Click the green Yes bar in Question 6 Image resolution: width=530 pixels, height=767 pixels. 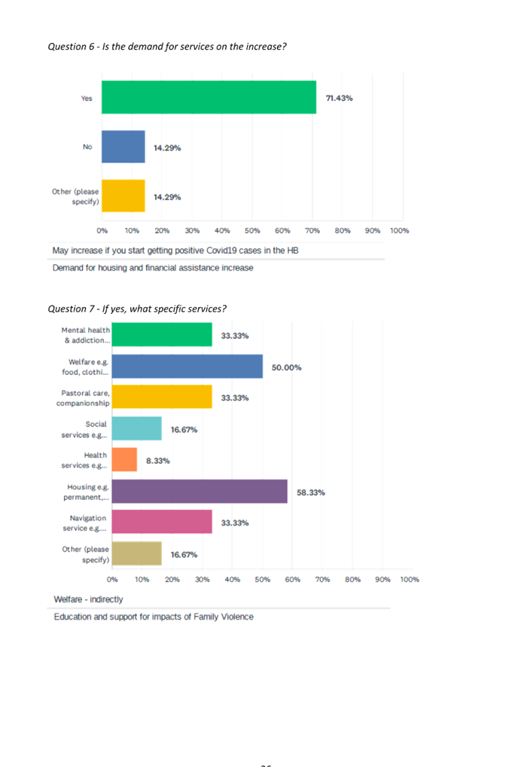pyautogui.click(x=209, y=97)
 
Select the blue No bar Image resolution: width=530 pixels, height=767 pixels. pyautogui.click(x=123, y=147)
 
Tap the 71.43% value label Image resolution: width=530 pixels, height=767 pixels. pyautogui.click(x=339, y=99)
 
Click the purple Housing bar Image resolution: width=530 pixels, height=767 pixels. pyautogui.click(x=200, y=492)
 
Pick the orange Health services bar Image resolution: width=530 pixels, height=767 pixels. pyautogui.click(x=124, y=460)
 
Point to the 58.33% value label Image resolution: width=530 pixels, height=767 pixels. pyautogui.click(x=311, y=492)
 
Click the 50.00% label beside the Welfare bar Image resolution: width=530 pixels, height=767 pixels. pyautogui.click(x=286, y=367)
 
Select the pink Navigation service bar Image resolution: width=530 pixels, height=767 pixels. pyautogui.click(x=162, y=522)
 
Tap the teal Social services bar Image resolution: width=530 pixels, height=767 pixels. pyautogui.click(x=137, y=429)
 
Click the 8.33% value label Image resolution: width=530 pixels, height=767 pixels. pyautogui.click(x=157, y=461)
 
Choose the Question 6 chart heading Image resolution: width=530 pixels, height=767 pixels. pyautogui.click(x=167, y=47)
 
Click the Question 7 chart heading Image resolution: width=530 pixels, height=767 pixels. pyautogui.click(x=137, y=309)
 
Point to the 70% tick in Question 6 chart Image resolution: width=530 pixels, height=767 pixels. pyautogui.click(x=312, y=230)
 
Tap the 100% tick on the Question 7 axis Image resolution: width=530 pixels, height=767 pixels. pyautogui.click(x=410, y=580)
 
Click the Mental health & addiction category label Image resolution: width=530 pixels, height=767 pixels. pyautogui.click(x=86, y=335)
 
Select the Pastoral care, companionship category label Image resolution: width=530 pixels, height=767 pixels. pyautogui.click(x=83, y=398)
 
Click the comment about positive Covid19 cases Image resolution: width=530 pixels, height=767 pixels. pyautogui.click(x=175, y=250)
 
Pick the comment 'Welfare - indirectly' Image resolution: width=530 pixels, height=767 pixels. pyautogui.click(x=88, y=599)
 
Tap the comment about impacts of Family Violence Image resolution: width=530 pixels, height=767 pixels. pyautogui.click(x=154, y=616)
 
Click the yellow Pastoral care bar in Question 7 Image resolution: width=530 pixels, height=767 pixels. pyautogui.click(x=162, y=397)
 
